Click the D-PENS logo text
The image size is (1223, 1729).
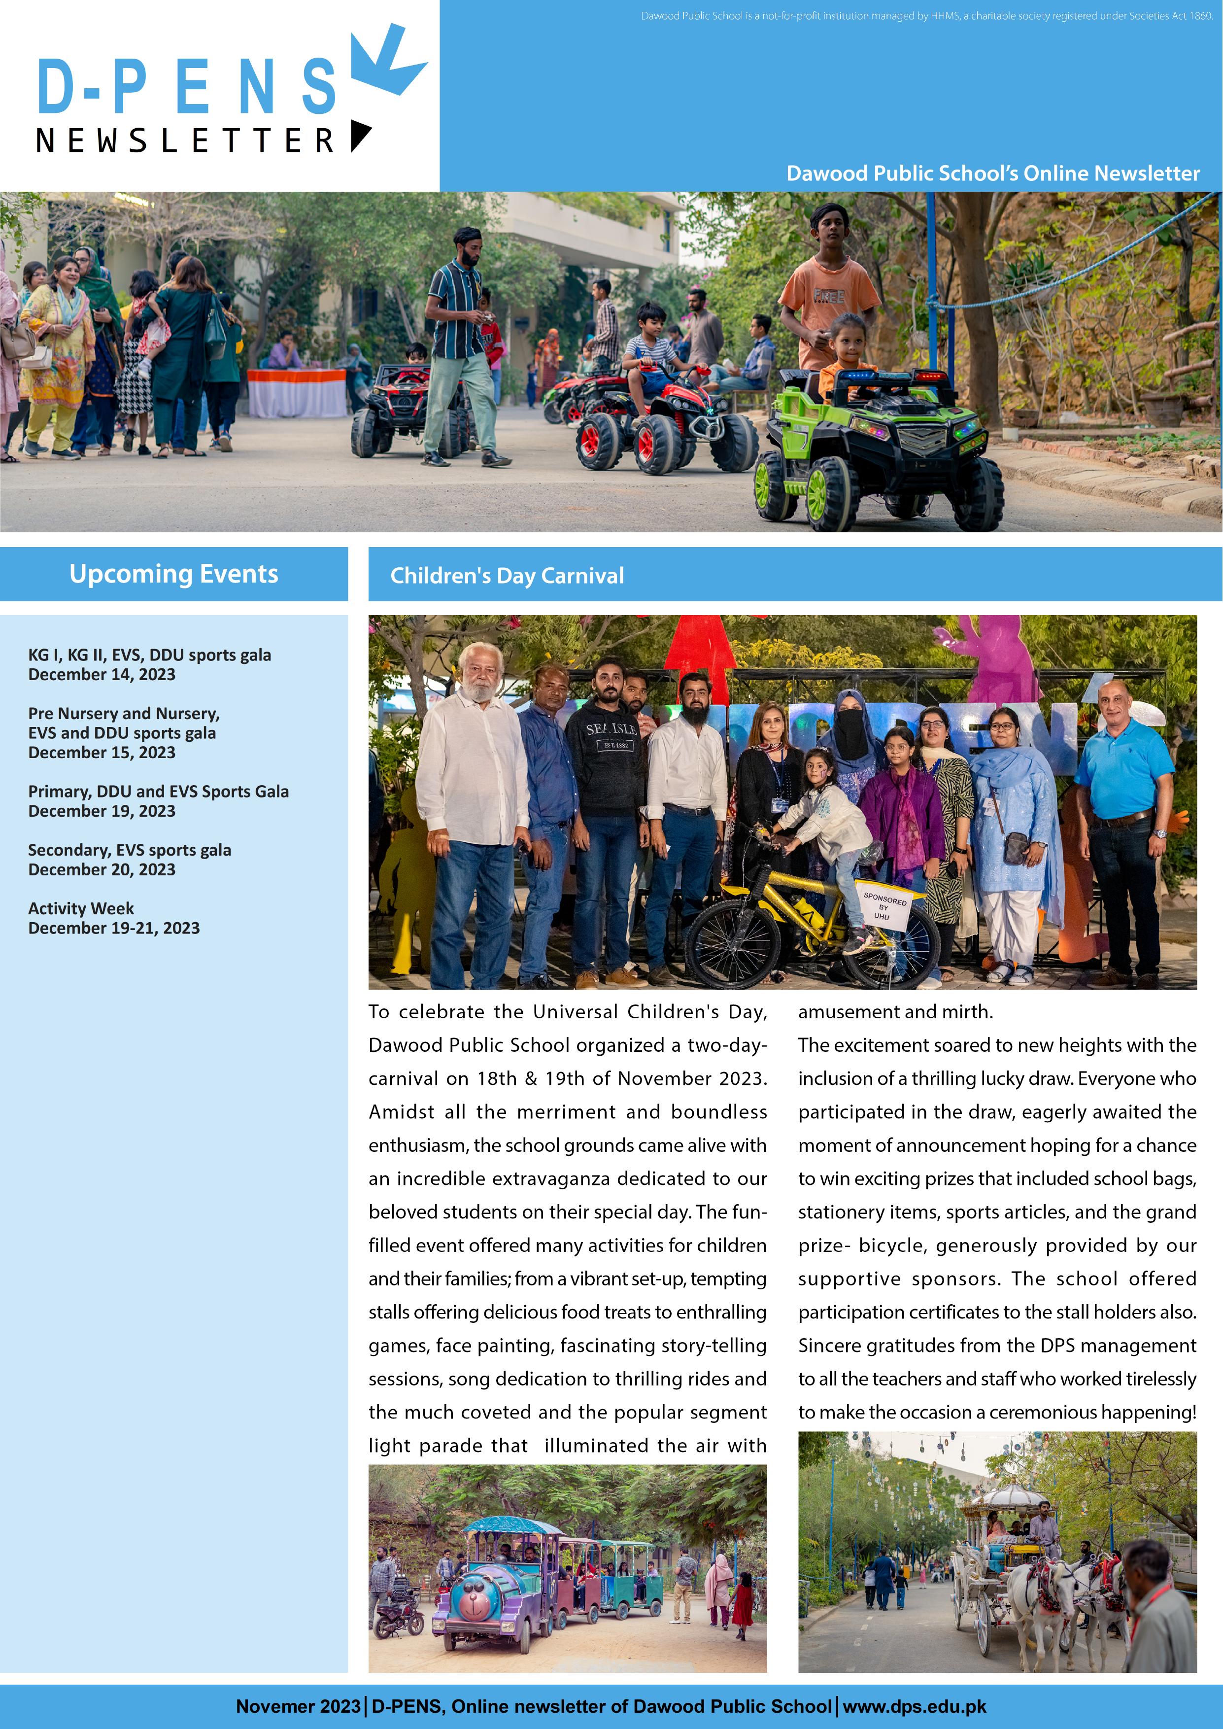click(187, 87)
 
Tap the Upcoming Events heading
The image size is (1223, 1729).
click(174, 574)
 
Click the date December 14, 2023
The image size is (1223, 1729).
click(102, 675)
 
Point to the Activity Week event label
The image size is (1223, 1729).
click(81, 908)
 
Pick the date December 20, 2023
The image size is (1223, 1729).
click(102, 870)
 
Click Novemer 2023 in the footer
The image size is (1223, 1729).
click(298, 1706)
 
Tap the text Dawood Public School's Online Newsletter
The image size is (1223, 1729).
click(992, 173)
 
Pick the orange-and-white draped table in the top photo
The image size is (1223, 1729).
click(297, 391)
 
